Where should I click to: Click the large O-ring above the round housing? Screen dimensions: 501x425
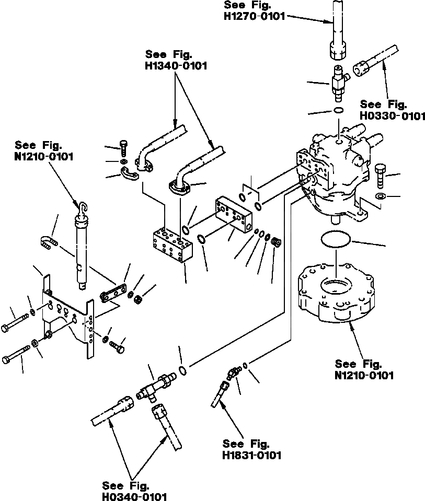(335, 239)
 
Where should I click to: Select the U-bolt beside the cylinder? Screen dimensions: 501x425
(48, 242)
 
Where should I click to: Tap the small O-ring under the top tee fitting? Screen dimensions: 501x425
(339, 110)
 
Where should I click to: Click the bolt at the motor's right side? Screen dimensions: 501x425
(381, 175)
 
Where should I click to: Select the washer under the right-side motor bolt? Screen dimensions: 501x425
(381, 196)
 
